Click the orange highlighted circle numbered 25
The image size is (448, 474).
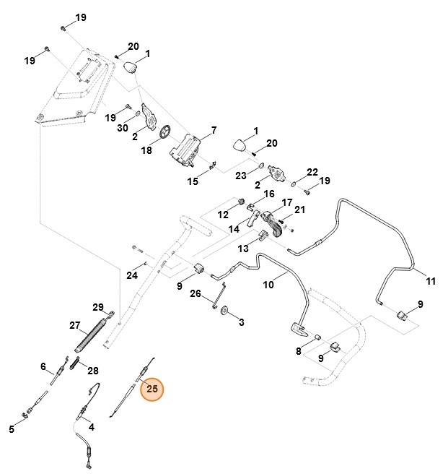[152, 389]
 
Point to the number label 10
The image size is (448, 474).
[268, 285]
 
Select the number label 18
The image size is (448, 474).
[146, 150]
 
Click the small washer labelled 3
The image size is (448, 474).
[224, 311]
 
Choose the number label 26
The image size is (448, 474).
[195, 293]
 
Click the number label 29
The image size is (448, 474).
[99, 307]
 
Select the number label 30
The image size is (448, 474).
[123, 127]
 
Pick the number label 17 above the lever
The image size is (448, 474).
[286, 203]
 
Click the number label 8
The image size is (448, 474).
[298, 351]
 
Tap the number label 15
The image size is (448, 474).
[193, 181]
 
